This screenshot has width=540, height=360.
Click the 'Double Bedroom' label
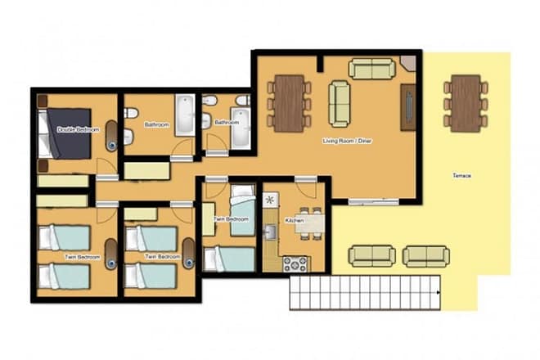(78, 129)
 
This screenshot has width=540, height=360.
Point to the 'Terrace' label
(462, 175)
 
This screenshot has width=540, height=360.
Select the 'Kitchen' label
(295, 220)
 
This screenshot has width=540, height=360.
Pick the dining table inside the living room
(289, 102)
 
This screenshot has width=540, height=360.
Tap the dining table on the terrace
(466, 103)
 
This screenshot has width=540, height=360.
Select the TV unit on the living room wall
(407, 107)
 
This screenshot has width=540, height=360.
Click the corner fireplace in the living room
(408, 63)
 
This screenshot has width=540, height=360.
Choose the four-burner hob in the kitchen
(295, 263)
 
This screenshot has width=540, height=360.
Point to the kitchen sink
(271, 233)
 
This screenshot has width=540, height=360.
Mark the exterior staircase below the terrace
(365, 292)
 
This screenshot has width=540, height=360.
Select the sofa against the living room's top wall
(372, 69)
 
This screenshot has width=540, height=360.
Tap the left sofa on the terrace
(372, 256)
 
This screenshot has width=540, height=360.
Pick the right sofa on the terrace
(425, 256)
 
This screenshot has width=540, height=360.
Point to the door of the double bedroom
(107, 166)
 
